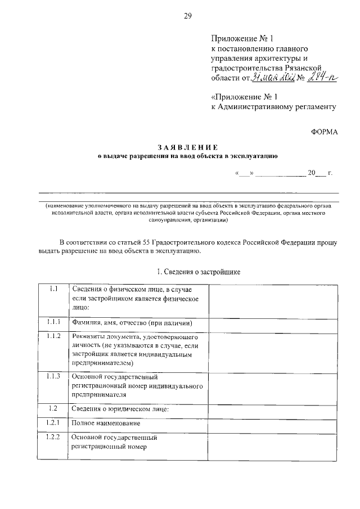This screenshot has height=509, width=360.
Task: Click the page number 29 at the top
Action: pos(188,16)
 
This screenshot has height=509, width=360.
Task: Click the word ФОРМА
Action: pos(325,132)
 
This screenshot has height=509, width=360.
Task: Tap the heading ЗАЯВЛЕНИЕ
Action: pos(187,147)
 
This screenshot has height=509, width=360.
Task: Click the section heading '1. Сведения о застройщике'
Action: pos(199,272)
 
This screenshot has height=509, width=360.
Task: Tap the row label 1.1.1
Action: pos(53,323)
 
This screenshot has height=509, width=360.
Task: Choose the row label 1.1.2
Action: pos(53,336)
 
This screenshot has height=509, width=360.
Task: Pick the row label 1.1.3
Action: pos(53,376)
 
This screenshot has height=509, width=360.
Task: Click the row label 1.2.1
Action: pos(53,422)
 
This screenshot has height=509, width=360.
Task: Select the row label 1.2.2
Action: pos(53,437)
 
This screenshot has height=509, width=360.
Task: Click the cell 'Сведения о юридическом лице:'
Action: pos(121,408)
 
